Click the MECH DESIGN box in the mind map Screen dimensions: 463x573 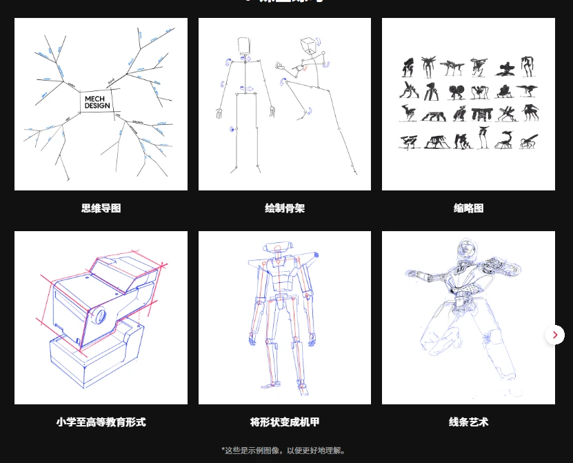pos(97,102)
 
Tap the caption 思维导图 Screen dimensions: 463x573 pos(101,208)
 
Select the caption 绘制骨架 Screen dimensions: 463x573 pos(284,208)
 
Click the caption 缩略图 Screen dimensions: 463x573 pos(468,208)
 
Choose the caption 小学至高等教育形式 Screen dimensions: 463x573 pos(101,422)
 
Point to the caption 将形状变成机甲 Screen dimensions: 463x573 pos(284,422)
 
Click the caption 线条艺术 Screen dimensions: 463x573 pos(468,422)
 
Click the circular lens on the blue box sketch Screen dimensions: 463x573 pos(99,316)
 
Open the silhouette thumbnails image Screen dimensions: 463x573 pos(468,104)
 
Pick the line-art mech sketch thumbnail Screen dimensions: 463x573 pos(468,317)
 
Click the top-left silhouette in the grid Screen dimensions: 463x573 pos(408,67)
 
